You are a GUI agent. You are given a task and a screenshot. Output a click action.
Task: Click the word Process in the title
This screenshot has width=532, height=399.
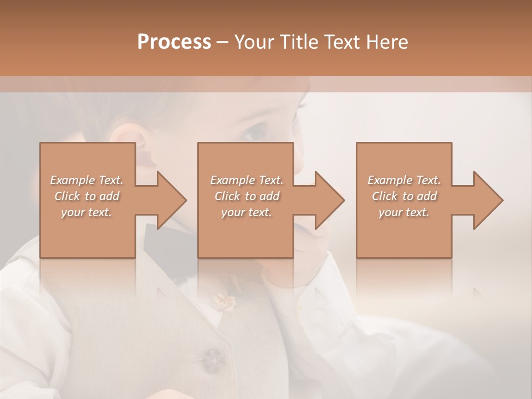click(174, 42)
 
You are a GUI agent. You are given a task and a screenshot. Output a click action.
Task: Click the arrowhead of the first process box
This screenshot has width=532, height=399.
click(170, 200)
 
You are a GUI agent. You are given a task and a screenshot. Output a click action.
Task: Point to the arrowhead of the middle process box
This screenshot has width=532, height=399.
click(328, 200)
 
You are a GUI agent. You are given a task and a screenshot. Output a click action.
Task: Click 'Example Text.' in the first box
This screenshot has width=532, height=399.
click(86, 180)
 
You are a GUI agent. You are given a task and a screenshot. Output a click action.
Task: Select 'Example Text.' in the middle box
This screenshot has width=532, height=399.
click(247, 180)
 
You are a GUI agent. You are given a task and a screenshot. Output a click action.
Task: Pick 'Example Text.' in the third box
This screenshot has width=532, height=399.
click(404, 180)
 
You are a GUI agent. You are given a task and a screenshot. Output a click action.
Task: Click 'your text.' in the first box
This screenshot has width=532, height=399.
click(86, 212)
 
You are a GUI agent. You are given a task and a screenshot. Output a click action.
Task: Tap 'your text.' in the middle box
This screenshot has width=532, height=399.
click(247, 212)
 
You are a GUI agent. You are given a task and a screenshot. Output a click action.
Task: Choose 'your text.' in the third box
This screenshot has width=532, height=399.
click(404, 212)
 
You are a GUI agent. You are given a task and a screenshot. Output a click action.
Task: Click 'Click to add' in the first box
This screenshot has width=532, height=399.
click(86, 196)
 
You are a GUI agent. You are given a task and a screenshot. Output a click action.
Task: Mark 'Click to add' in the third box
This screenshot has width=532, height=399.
click(404, 196)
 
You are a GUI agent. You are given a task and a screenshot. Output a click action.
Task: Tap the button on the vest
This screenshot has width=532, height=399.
click(212, 359)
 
